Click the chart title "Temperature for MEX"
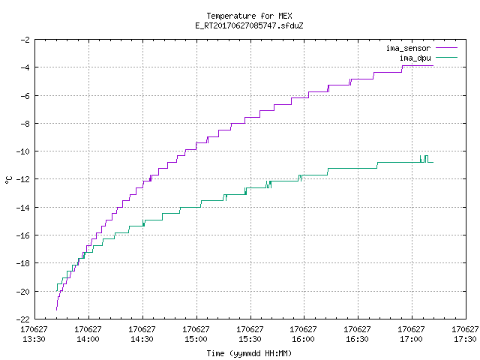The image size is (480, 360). [x=249, y=16]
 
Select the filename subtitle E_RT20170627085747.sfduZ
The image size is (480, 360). [x=249, y=25]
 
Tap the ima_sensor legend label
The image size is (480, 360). [x=408, y=48]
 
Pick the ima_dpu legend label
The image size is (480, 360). [x=415, y=58]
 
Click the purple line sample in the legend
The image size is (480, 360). [x=446, y=48]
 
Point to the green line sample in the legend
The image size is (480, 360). [x=446, y=57]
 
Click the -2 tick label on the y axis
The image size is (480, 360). [x=25, y=40]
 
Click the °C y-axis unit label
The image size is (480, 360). [x=9, y=180]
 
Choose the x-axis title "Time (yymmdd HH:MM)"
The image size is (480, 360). [x=249, y=353]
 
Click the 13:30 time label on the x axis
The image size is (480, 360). [x=34, y=339]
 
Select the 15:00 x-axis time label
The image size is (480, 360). [x=196, y=339]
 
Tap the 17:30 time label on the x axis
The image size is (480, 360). [x=465, y=339]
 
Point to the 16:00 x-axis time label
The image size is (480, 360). [x=303, y=339]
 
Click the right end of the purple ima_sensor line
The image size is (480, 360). [x=433, y=65]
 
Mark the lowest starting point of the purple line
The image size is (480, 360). [x=57, y=310]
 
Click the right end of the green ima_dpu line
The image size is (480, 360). [x=433, y=162]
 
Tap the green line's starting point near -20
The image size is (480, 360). [x=56, y=291]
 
